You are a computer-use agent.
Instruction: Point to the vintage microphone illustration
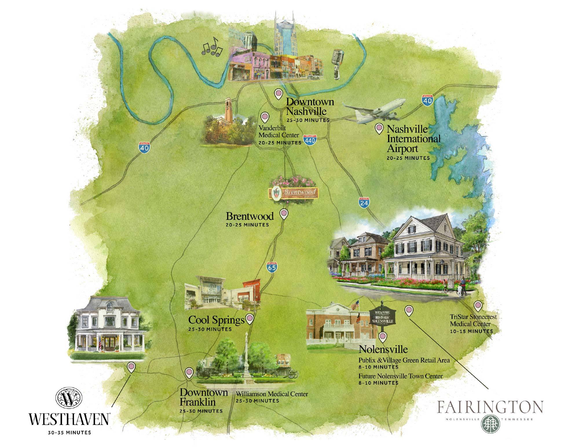tap(337, 64)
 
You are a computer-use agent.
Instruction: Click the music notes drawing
tap(212, 47)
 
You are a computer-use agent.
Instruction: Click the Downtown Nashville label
tap(310, 107)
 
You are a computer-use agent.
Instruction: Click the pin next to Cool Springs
tap(250, 319)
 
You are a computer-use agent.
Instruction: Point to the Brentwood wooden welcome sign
tap(294, 193)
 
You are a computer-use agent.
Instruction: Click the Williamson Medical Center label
tap(272, 394)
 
